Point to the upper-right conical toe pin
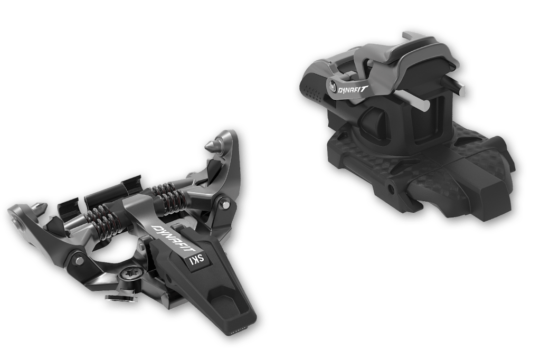click(x=212, y=145)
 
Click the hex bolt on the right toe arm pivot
click(x=225, y=204)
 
